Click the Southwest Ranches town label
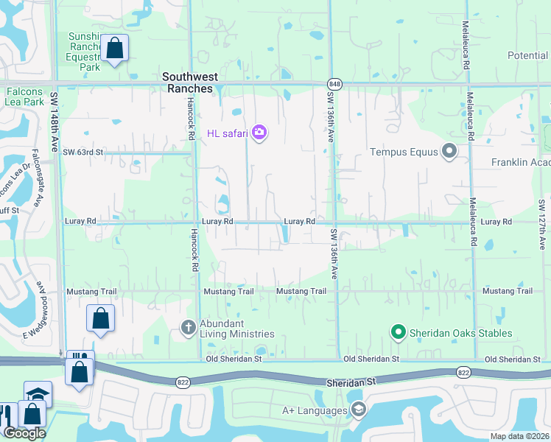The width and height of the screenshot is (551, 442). [187, 82]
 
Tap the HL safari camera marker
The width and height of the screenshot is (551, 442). [259, 133]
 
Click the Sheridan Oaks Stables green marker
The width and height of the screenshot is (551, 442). [399, 334]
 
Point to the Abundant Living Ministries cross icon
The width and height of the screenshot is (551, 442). [189, 327]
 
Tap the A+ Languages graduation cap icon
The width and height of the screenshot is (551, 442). [358, 409]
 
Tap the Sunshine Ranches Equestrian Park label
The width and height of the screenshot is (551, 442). [86, 51]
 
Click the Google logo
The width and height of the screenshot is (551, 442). [24, 433]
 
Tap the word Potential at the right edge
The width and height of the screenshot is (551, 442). [527, 55]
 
